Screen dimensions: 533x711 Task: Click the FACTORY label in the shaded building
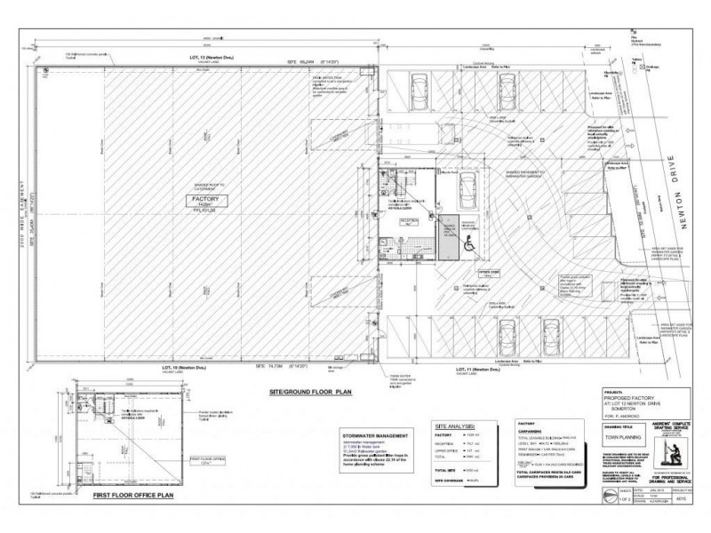click(201, 201)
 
